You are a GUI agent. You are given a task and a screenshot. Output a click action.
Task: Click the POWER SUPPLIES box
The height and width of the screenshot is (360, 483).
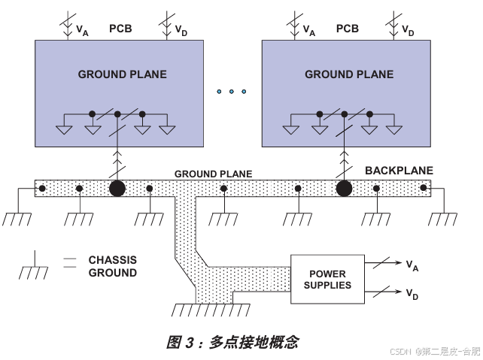[x=327, y=279]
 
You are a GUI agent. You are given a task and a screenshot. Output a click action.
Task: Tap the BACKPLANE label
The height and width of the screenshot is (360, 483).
[x=399, y=171]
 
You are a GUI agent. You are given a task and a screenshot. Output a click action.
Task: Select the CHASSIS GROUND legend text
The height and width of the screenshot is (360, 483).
[x=113, y=266]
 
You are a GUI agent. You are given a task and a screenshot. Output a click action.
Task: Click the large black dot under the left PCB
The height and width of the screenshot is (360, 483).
[x=117, y=188]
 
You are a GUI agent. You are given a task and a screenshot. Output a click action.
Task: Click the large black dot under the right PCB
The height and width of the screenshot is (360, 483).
[x=345, y=188]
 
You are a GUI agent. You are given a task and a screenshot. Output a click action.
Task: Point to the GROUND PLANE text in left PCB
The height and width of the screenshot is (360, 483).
[x=123, y=74]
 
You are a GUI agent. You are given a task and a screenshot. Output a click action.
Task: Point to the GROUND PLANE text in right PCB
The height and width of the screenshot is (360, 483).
[x=349, y=74]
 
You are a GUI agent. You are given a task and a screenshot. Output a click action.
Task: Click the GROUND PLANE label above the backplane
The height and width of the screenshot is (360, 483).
[x=214, y=174]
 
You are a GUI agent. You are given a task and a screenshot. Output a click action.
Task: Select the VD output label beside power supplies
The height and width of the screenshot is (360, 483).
[x=412, y=295]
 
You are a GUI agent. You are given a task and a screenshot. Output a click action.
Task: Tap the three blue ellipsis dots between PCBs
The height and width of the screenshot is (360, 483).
[x=231, y=92]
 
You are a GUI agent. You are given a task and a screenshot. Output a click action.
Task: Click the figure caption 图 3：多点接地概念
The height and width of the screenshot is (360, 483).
[x=232, y=342]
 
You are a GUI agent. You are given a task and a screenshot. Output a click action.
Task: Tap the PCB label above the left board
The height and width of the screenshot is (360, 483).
[x=121, y=29]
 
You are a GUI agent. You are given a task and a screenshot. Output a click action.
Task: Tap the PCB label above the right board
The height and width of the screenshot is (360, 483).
[x=348, y=29]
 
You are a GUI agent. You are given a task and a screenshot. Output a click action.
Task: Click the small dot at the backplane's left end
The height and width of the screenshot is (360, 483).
[x=43, y=188]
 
